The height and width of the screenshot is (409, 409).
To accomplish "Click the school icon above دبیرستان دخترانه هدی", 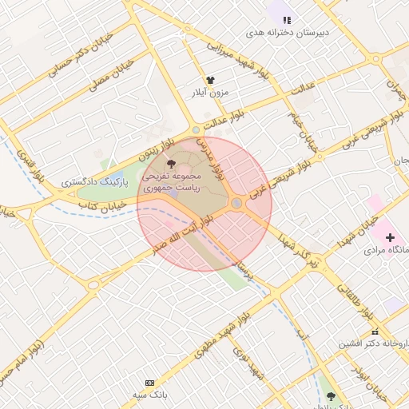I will (x=288, y=20).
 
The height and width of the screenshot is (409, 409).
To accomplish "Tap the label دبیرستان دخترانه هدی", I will (x=288, y=33).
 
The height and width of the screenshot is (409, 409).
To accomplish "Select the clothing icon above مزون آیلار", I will (x=211, y=81).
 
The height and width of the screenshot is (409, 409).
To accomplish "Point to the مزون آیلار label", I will (x=209, y=93).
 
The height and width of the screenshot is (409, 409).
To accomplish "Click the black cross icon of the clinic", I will (x=390, y=237).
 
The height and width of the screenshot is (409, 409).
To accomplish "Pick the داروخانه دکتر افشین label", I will (x=375, y=344).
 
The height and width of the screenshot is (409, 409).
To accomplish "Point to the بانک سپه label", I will (x=149, y=395).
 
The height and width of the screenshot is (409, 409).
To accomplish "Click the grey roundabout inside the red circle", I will (x=236, y=204).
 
